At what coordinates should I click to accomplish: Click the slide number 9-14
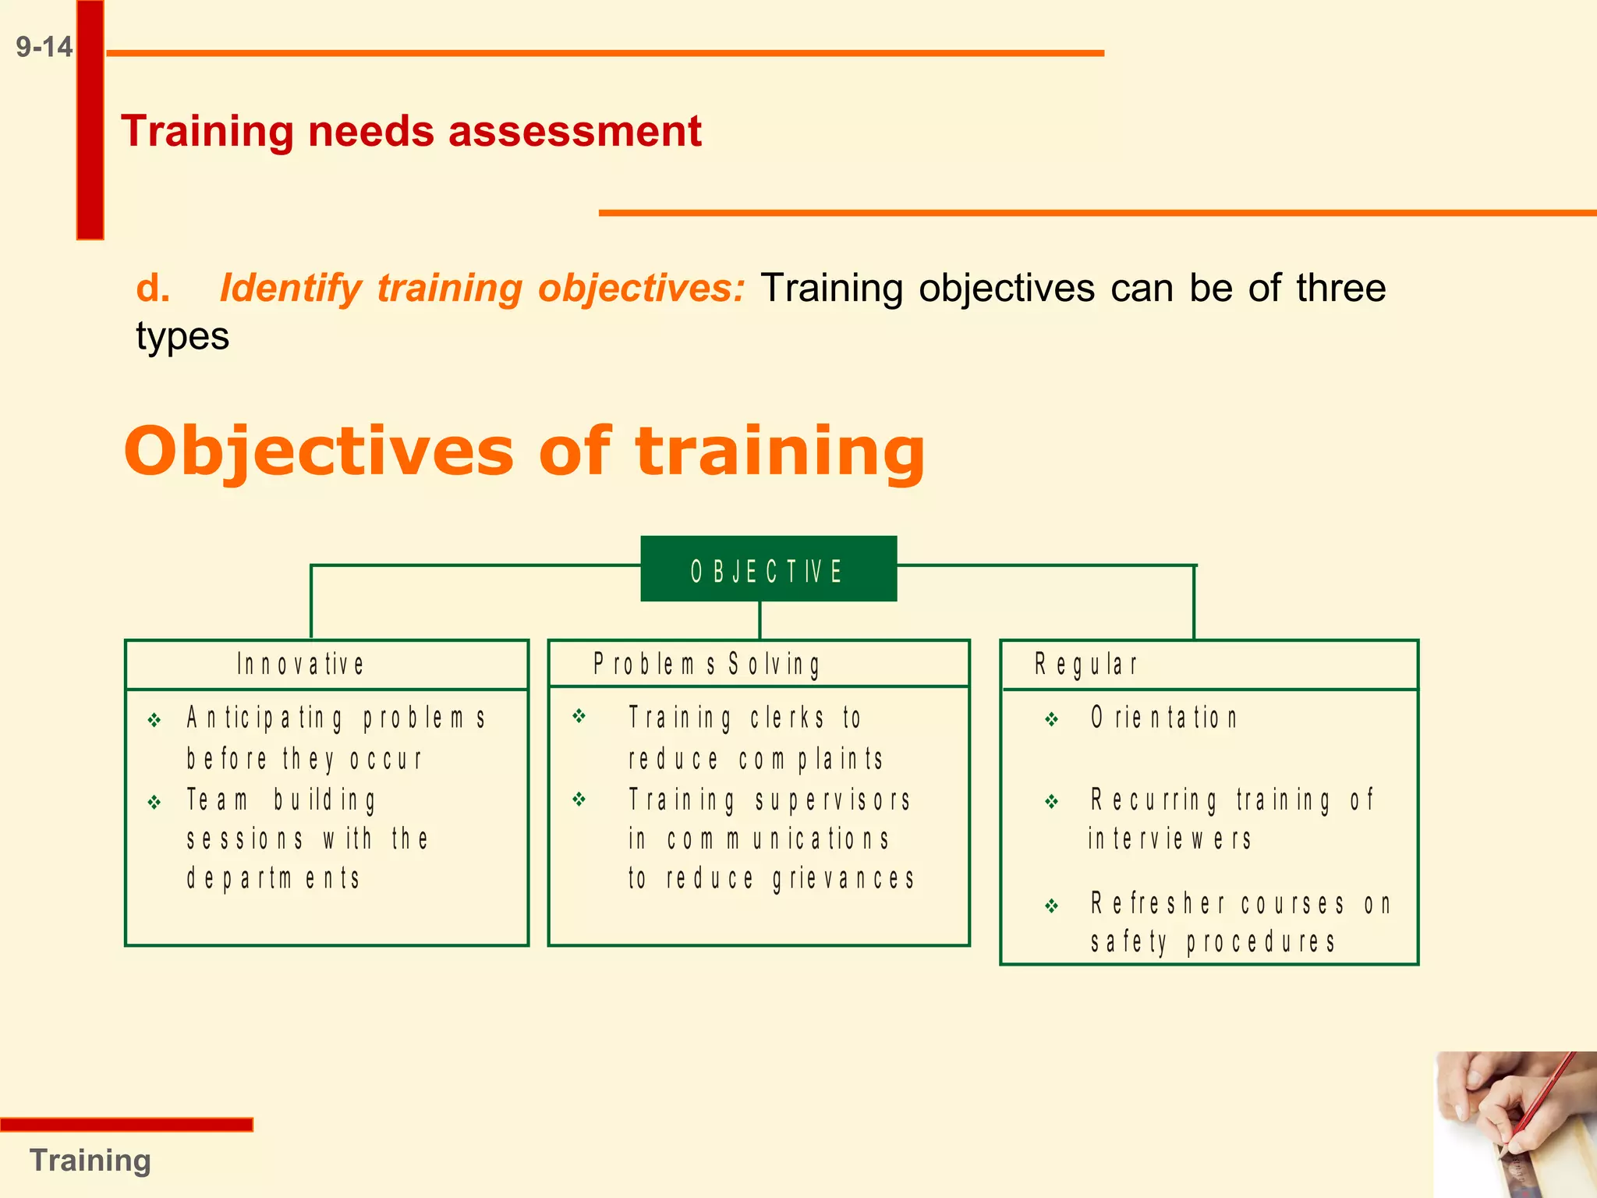(x=44, y=48)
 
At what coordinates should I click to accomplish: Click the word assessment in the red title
(x=575, y=131)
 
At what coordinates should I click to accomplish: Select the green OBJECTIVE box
(x=768, y=569)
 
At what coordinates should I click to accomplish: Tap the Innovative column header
(x=301, y=665)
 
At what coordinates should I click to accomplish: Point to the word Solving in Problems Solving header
(x=774, y=665)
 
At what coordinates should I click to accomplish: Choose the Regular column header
(x=1085, y=665)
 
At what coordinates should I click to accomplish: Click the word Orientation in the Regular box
(x=1163, y=718)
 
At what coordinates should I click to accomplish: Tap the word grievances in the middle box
(x=844, y=879)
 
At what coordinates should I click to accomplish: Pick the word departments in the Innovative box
(x=273, y=879)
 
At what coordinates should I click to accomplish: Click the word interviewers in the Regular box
(x=1170, y=839)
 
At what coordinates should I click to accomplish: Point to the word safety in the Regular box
(x=1128, y=943)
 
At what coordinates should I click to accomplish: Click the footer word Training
(x=90, y=1161)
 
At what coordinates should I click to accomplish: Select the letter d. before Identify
(x=153, y=289)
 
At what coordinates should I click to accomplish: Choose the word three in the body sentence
(x=1341, y=288)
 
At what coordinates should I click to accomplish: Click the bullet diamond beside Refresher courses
(x=1052, y=906)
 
